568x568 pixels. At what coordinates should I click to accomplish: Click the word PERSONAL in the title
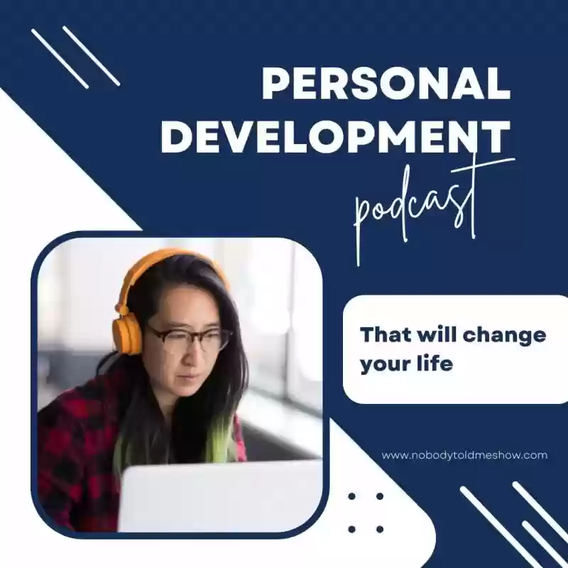coord(386,84)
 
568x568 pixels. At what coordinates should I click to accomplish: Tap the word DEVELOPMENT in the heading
coord(336,137)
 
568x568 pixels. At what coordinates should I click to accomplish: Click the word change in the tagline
coord(504,335)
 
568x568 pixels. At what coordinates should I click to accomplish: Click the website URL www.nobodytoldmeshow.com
coord(464,455)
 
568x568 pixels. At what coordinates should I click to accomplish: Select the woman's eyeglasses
coord(188,338)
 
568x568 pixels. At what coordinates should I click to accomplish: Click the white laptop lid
coord(220,496)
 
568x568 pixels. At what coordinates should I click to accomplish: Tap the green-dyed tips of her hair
coord(222,440)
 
